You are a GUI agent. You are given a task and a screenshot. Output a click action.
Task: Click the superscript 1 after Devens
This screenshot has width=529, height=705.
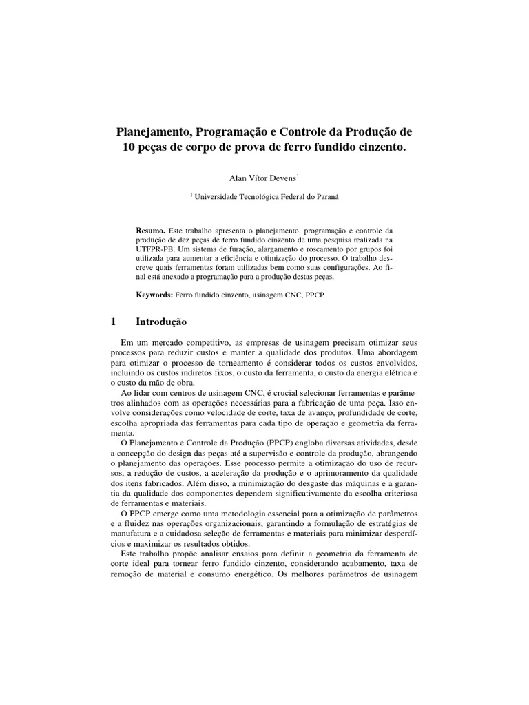click(x=298, y=176)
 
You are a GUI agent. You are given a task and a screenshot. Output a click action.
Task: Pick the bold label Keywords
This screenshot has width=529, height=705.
click(x=154, y=294)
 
